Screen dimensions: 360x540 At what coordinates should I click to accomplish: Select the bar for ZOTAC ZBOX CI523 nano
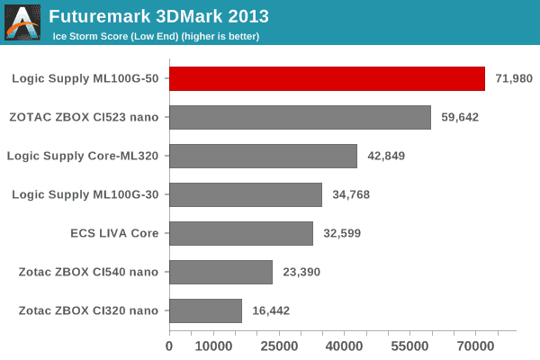pos(300,117)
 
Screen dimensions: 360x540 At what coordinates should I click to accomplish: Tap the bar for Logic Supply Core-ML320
pos(263,156)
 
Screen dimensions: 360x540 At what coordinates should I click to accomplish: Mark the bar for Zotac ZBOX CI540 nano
pos(220,272)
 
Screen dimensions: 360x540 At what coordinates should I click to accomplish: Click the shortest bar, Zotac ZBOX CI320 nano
pos(205,310)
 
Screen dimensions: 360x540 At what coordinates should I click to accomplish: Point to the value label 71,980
pos(514,78)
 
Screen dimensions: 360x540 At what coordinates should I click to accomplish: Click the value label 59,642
pos(460,117)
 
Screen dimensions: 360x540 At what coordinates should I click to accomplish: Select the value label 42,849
pos(386,156)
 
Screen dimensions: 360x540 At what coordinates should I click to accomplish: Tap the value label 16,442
pos(271,310)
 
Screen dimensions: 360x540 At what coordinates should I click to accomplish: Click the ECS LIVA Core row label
pos(114,233)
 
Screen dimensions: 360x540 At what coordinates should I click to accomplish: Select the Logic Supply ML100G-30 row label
pos(85,194)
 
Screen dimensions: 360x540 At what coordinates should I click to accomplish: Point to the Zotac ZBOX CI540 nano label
pos(88,272)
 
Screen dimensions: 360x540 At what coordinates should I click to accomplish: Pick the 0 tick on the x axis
pos(169,345)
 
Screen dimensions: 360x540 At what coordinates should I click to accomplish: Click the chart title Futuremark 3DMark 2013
pos(158,17)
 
